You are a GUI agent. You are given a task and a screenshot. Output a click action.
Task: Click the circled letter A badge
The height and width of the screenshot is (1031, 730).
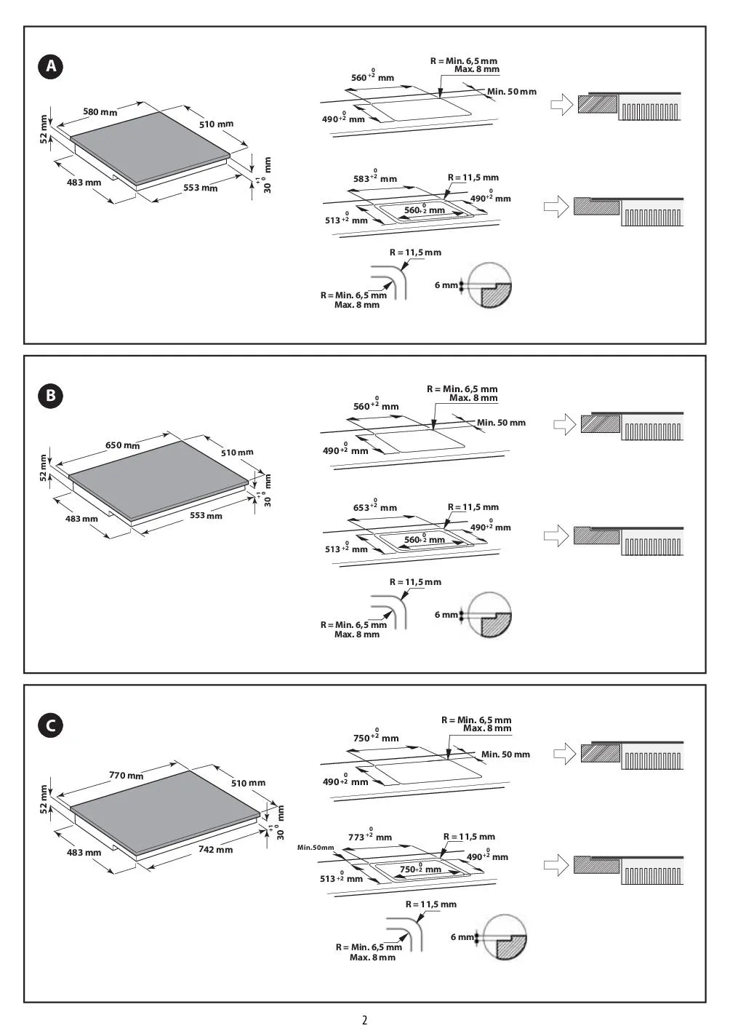[51, 66]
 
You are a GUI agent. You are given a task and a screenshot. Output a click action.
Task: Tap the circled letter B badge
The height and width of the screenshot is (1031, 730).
[51, 396]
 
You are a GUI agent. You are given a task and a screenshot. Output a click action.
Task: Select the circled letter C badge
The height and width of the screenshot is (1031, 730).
[51, 725]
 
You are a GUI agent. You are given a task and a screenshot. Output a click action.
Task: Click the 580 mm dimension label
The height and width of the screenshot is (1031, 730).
[100, 112]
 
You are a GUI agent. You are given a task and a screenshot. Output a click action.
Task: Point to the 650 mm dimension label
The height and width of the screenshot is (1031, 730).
[122, 445]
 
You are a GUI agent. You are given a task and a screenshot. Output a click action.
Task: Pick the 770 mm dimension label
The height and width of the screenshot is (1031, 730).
[126, 775]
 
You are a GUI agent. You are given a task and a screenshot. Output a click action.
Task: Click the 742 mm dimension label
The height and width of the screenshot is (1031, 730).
[215, 849]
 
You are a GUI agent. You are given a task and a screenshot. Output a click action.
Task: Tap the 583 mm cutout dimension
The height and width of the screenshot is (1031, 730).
[375, 178]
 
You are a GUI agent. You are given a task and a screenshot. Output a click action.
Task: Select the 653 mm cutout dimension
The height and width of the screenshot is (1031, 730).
[375, 506]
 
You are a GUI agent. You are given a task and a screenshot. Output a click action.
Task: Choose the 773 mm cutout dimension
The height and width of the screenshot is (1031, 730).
[370, 836]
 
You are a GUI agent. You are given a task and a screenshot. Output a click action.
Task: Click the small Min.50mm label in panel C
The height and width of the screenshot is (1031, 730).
[316, 848]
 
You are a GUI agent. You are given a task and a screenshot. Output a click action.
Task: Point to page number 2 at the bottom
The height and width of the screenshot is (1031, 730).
[365, 1020]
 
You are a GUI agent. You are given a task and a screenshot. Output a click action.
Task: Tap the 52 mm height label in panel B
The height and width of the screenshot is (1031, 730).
[43, 468]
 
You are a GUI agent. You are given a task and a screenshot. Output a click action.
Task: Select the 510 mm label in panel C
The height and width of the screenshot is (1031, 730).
[248, 783]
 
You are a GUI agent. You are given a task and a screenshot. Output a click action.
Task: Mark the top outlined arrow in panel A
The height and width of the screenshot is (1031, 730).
[561, 105]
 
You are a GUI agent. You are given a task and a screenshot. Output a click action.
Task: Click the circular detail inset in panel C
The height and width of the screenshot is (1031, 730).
[505, 936]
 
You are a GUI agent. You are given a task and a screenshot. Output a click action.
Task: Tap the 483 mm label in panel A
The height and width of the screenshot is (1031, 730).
[84, 183]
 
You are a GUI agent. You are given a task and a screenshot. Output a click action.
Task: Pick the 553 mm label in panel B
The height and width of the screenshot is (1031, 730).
[206, 515]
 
